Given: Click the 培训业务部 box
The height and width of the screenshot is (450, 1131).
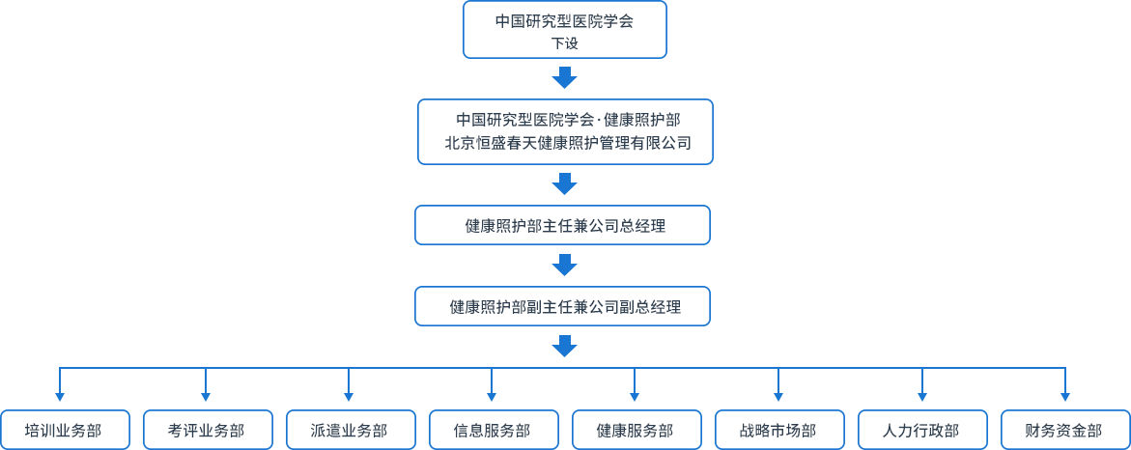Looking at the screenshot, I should pyautogui.click(x=64, y=430).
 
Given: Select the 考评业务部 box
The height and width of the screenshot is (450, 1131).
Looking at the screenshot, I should pyautogui.click(x=207, y=430).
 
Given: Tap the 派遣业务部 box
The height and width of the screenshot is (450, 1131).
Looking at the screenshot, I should pyautogui.click(x=350, y=430).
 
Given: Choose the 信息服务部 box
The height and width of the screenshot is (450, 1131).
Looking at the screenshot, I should pyautogui.click(x=493, y=430).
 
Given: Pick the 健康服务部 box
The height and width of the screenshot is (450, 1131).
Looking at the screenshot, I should pyautogui.click(x=636, y=430).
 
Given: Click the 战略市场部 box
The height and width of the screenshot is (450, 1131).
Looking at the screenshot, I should pyautogui.click(x=778, y=430).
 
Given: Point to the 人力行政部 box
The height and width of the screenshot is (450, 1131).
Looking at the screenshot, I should pyautogui.click(x=921, y=430).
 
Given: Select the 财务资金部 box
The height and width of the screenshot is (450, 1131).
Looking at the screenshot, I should pyautogui.click(x=1064, y=430).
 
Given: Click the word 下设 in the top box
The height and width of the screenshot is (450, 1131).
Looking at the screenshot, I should pyautogui.click(x=565, y=43).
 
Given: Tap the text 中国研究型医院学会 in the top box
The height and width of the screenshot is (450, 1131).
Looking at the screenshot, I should pyautogui.click(x=565, y=20).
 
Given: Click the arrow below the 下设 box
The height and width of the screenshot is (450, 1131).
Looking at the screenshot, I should pyautogui.click(x=565, y=76).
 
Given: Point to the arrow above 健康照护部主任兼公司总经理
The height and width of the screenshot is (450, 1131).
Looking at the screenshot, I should pyautogui.click(x=565, y=183).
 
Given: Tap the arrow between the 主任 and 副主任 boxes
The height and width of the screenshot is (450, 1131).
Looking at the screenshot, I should pyautogui.click(x=565, y=265).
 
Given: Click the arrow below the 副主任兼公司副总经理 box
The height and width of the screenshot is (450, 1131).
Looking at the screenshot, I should pyautogui.click(x=565, y=346).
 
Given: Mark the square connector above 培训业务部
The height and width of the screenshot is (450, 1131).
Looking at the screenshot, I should pyautogui.click(x=60, y=396).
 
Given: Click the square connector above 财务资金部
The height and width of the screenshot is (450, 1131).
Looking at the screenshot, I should pyautogui.click(x=1064, y=396).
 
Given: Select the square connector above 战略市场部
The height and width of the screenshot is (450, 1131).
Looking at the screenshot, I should pyautogui.click(x=778, y=396).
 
